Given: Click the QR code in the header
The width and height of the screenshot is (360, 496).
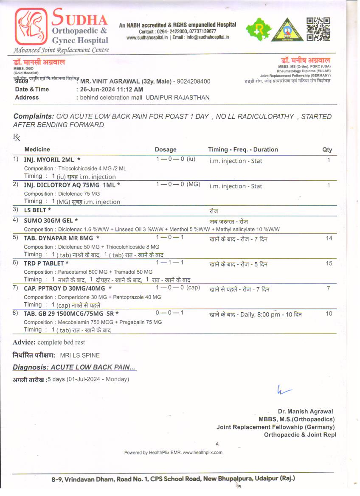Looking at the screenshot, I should point(318,29).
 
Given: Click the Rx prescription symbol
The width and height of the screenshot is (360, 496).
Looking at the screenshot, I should point(17,137).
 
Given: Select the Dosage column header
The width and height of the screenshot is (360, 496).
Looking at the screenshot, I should point(166,149).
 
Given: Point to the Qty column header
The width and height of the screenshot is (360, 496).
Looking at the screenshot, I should point(327,149).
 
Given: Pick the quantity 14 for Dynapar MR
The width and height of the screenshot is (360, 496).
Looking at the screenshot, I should point(329,238).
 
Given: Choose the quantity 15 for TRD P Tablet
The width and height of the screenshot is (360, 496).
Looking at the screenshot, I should point(329,263).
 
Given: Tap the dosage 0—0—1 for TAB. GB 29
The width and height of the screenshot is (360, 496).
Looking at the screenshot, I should point(169,313).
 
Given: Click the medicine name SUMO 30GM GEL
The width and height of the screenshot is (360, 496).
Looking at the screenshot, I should point(51,220).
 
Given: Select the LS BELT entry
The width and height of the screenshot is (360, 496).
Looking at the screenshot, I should point(37,210).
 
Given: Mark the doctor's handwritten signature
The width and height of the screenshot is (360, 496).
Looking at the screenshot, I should point(284,390).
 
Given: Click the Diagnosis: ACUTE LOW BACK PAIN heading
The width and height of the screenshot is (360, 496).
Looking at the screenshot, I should point(74,367).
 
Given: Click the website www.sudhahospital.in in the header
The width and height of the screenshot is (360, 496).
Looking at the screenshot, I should point(148,37).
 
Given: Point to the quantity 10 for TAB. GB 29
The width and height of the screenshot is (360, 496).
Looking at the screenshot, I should point(329,314).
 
